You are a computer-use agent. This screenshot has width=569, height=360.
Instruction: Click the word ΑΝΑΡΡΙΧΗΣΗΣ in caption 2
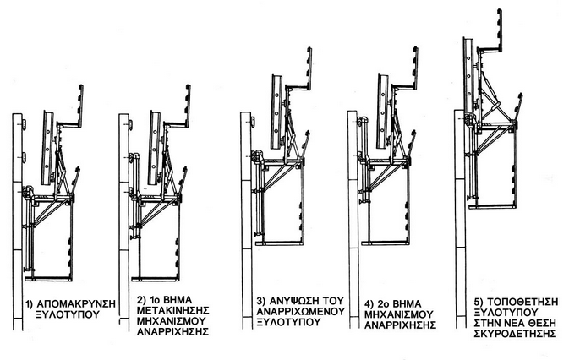click(172, 332)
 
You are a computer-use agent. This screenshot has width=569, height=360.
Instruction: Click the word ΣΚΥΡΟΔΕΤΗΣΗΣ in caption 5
click(513, 333)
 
